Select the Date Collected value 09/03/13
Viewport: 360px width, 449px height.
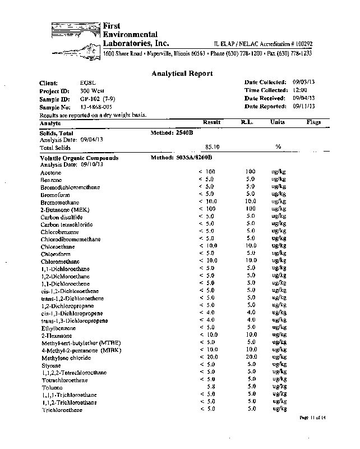(303, 82)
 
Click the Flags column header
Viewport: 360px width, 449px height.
(313, 122)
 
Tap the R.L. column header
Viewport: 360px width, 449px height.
(248, 122)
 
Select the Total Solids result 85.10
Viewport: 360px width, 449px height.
(211, 147)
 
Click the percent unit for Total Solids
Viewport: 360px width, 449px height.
(278, 147)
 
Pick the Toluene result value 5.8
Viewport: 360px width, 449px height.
(211, 387)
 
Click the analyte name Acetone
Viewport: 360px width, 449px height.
(51, 173)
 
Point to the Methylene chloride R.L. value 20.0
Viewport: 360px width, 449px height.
(251, 357)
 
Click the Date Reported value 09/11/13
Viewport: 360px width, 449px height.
(303, 106)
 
